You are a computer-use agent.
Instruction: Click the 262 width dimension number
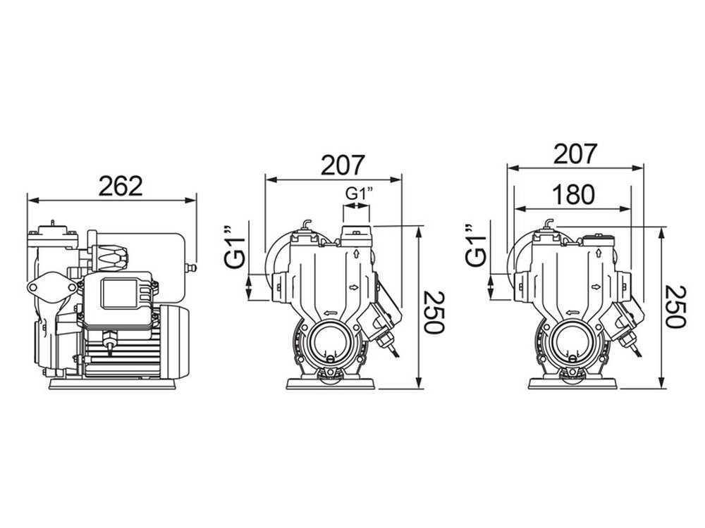point(121,186)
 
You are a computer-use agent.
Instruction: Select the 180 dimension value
point(574,194)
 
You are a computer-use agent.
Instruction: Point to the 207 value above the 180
point(575,153)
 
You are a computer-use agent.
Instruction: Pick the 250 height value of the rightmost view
point(675,307)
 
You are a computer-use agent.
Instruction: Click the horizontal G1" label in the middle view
point(357,192)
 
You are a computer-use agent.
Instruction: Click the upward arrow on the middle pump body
point(357,253)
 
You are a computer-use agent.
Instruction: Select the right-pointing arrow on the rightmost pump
point(596,287)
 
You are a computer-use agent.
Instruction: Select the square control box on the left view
point(124,293)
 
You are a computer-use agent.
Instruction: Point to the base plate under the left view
point(113,384)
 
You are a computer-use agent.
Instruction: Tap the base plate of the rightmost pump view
point(572,384)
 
